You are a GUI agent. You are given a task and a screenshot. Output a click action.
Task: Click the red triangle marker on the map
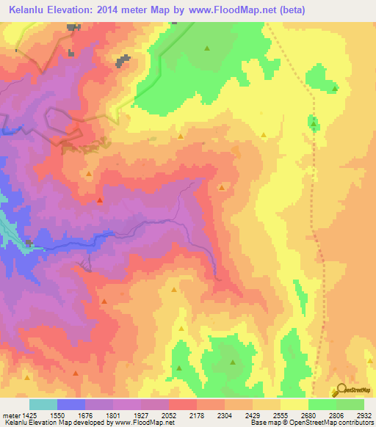click(100, 200)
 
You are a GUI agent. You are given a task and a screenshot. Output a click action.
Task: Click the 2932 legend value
click(364, 415)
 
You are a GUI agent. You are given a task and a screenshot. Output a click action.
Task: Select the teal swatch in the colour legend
click(43, 404)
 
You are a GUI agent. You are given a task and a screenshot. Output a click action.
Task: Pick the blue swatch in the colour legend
click(71, 404)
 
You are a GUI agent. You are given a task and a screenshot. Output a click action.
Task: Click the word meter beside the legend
click(11, 415)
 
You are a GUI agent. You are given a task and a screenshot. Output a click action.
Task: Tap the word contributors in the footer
click(355, 423)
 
